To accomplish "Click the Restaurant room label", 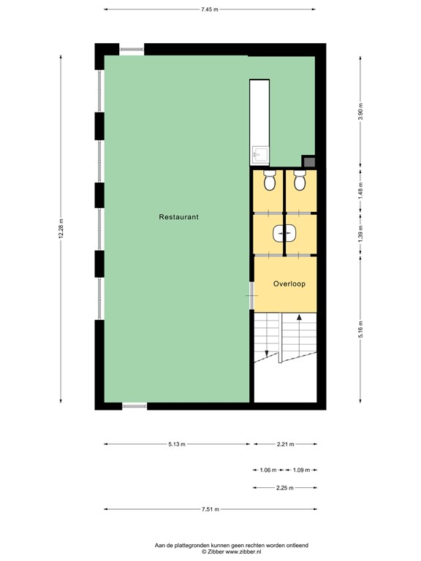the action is (x=178, y=217).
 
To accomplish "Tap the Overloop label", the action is (x=289, y=283).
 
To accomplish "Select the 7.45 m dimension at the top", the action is (x=210, y=9).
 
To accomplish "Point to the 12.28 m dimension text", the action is (x=61, y=228).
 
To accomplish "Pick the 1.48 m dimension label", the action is (x=360, y=190).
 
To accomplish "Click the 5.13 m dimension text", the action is (x=177, y=444).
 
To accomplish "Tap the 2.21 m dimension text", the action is (x=285, y=444).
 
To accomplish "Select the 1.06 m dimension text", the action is (x=268, y=470).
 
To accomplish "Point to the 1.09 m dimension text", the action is (x=301, y=470).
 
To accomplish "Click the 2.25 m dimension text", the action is (x=285, y=488).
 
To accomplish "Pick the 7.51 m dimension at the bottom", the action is (x=210, y=509).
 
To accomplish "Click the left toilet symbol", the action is (x=269, y=180).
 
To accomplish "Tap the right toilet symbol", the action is (x=300, y=180).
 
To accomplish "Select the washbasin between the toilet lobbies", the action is (x=284, y=233).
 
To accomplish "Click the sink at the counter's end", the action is (x=259, y=155).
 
